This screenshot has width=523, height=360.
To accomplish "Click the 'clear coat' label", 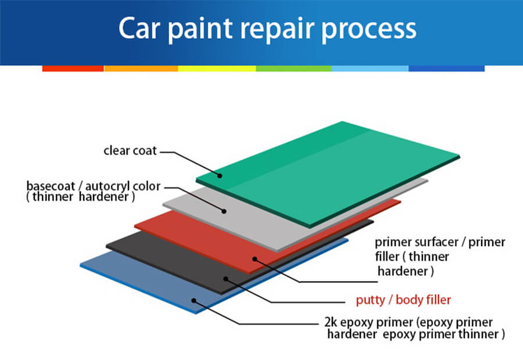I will pos(130,151).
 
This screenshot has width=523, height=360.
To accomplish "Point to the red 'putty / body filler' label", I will pos(403,300).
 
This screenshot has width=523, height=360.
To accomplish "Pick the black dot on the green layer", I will pos(220,175).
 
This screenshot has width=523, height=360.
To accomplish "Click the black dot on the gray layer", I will pos(224,210).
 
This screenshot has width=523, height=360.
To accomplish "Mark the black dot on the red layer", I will pos(254,258).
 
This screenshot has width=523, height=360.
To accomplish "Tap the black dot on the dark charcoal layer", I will pos(225,279).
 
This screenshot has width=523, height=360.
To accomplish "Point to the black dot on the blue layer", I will pos(195,301).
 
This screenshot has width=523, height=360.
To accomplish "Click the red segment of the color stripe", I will pos(73,69).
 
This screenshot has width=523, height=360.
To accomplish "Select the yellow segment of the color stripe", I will pos(217,69).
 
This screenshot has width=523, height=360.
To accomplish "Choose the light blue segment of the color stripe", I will pos(370,69).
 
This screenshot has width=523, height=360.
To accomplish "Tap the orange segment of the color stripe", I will pos(141,69).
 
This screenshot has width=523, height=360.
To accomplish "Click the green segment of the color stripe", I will pos(293,69).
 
